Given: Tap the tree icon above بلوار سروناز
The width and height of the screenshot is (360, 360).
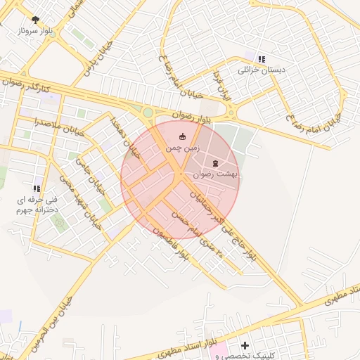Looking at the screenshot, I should (x=36, y=20).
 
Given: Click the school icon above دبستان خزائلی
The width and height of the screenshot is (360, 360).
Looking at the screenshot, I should (x=262, y=59).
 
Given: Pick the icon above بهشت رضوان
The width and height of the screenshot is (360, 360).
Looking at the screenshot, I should (x=215, y=162).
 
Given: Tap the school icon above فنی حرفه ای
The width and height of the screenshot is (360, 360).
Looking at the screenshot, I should (x=37, y=188).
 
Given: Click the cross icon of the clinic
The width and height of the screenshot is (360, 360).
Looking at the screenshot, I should (x=245, y=345).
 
